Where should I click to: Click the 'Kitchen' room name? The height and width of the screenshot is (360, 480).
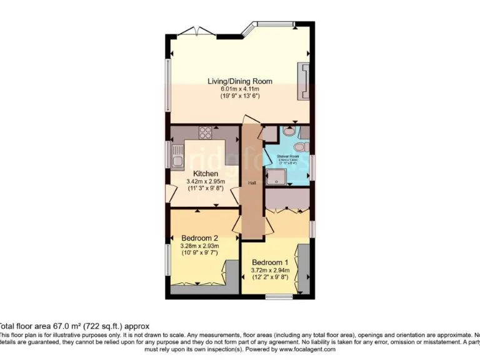pos(206,173)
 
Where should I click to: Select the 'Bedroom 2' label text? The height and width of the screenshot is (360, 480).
pos(199,238)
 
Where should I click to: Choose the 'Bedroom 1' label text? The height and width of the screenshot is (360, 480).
pos(270,262)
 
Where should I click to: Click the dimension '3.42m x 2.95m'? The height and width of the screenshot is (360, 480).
pos(206,181)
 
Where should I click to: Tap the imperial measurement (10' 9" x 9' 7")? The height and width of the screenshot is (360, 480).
pos(199,254)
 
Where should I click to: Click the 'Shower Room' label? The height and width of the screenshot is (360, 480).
pos(289,157)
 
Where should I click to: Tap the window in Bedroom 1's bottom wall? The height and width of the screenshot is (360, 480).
pos(275,294)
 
